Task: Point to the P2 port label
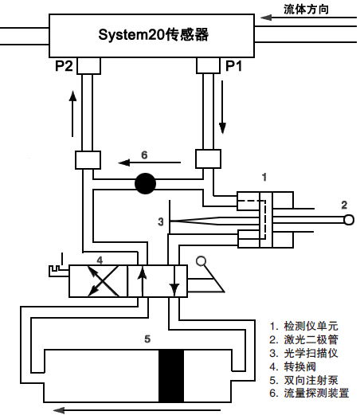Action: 65,67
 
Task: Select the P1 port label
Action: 234,67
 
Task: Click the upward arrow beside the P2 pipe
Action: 72,111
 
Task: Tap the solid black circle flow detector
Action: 145,184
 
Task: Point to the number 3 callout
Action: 160,221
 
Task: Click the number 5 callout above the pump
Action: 147,339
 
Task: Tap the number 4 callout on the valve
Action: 99,259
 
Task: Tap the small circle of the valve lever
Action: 202,260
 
